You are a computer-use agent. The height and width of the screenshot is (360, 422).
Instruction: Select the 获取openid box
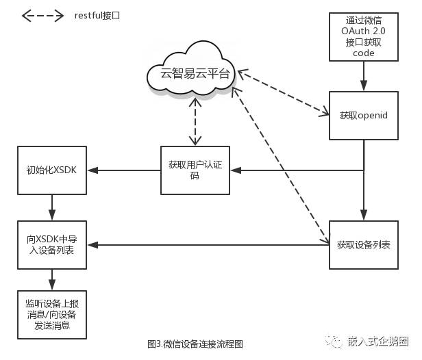click(364, 116)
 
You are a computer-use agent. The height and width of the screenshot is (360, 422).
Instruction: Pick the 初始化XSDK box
click(51, 169)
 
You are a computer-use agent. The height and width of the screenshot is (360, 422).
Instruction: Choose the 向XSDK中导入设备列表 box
click(51, 245)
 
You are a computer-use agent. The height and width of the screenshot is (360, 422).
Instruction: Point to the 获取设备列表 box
click(364, 244)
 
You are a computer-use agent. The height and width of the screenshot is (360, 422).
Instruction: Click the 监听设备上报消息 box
click(51, 314)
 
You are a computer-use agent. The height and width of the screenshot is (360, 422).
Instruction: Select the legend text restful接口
click(97, 14)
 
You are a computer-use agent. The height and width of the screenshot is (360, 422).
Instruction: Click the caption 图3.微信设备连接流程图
click(195, 344)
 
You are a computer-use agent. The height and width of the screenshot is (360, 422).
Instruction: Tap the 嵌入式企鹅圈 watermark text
click(377, 341)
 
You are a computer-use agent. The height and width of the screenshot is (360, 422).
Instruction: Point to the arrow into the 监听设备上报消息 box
click(51, 279)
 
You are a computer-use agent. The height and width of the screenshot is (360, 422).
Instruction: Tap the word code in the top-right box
click(364, 53)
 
